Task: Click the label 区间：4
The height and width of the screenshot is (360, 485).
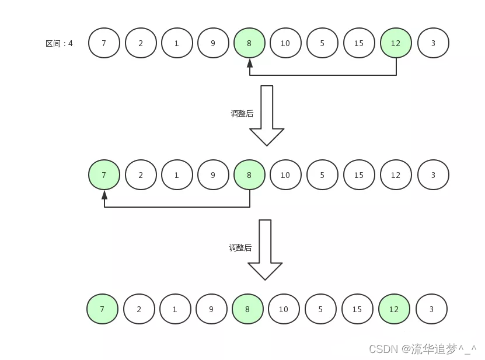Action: point(60,43)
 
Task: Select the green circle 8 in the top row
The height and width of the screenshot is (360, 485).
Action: point(250,43)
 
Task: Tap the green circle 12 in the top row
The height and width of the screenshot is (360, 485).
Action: point(396,43)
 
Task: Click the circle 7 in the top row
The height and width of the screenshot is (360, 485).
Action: point(104,43)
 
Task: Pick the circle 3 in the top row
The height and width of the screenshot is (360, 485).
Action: point(433,43)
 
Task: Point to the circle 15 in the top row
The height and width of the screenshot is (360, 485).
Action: point(359,43)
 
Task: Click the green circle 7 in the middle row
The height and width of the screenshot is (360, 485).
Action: point(104,175)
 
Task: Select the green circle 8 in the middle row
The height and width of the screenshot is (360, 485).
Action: point(250,175)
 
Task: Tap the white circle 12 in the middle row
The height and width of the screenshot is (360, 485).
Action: point(396,175)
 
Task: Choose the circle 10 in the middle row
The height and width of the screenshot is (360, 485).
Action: point(285,175)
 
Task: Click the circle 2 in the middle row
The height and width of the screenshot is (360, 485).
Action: point(141,175)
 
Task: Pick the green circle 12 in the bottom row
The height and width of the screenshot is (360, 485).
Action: point(394,309)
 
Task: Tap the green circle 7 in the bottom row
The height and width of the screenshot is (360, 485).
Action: point(102,309)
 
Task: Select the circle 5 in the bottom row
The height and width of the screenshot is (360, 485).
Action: point(320,309)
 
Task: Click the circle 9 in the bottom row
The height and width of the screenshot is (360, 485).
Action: point(211,309)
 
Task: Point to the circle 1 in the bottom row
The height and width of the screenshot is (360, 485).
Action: point(175,309)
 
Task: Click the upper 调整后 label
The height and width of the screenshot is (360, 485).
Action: point(242,114)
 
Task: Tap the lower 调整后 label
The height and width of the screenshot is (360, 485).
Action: point(240,248)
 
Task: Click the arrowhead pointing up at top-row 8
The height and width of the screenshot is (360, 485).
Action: point(250,62)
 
